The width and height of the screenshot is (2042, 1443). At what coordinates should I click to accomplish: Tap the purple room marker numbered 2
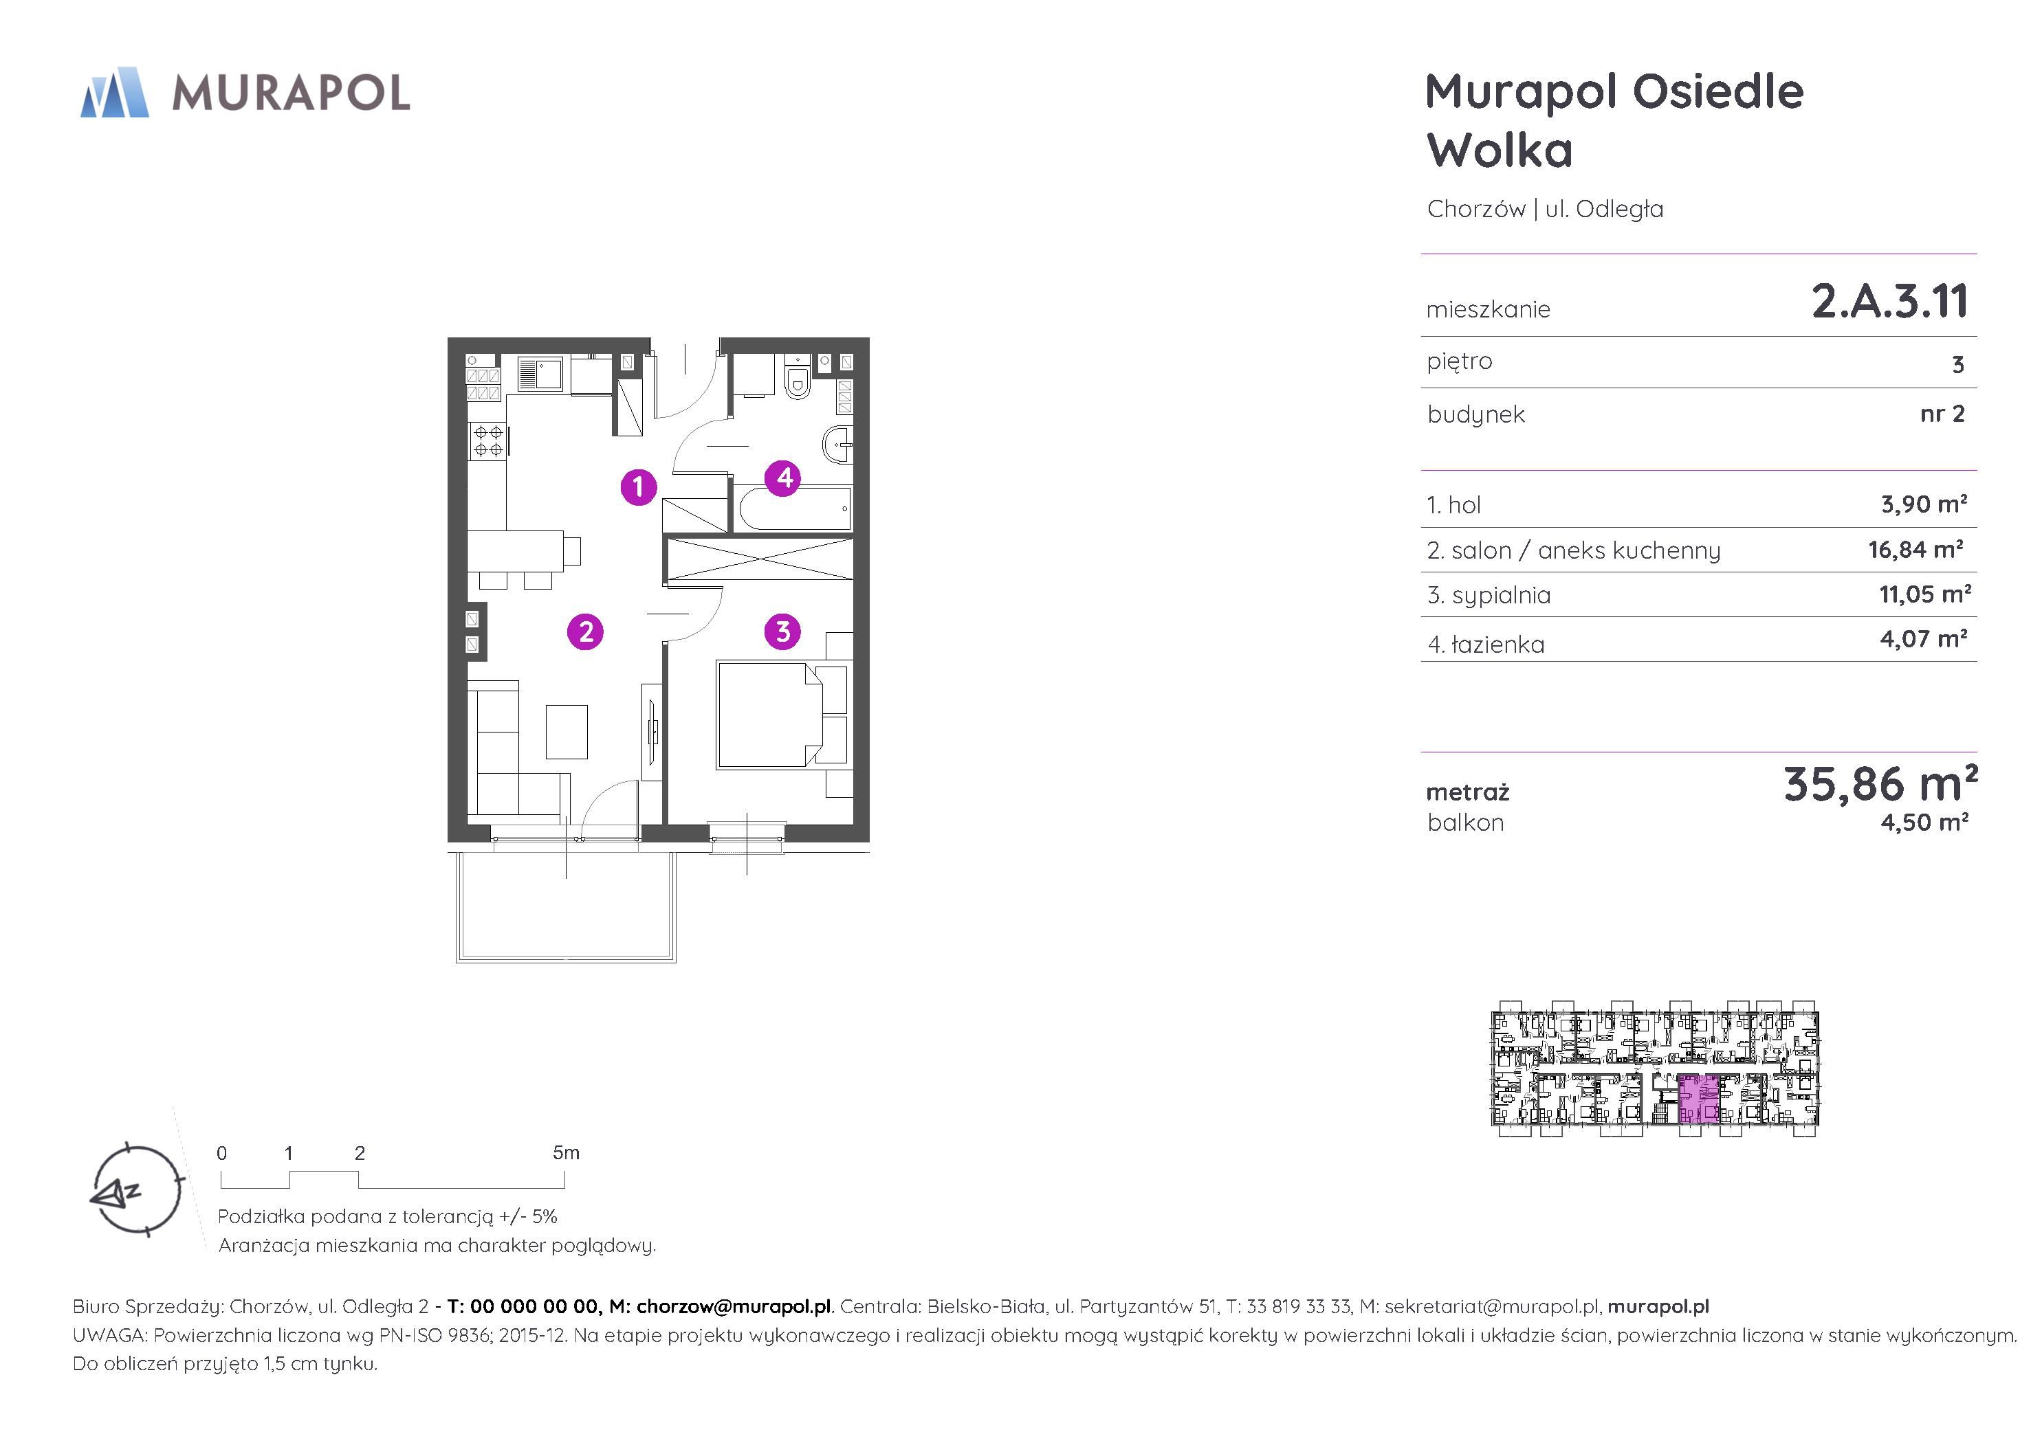coord(585,632)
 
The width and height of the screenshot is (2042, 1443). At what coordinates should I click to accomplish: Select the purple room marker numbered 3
coord(782,632)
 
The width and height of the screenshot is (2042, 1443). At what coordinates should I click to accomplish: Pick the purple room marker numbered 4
coord(784,478)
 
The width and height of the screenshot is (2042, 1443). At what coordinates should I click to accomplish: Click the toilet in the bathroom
coord(797,379)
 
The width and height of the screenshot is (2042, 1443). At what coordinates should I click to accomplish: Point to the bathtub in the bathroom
coord(793,508)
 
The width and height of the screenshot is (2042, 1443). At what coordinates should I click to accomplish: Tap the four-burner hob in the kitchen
coord(487,440)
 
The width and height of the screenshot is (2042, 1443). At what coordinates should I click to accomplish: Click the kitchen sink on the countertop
coord(539,374)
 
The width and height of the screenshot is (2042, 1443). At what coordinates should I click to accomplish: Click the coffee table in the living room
coord(567,731)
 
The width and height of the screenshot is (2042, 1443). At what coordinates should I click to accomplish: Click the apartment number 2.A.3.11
coord(1890,302)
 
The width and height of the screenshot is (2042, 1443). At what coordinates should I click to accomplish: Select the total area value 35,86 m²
coord(1880,783)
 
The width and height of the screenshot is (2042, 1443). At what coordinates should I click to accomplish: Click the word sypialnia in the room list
coord(1502,596)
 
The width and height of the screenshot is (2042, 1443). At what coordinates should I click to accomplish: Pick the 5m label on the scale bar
coord(566,1153)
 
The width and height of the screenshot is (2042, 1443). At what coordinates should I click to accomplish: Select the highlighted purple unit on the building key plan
coord(1699,1100)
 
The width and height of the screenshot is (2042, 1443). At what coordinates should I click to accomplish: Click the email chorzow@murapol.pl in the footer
coord(734,1306)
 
